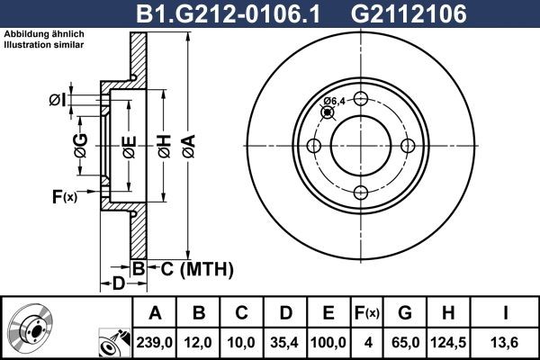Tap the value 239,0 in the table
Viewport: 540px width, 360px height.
(x=155, y=342)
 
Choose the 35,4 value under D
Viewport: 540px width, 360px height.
(x=286, y=342)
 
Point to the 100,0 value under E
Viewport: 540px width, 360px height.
(x=328, y=342)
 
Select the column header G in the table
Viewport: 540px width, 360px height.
(x=404, y=313)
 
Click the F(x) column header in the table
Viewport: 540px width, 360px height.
(x=368, y=313)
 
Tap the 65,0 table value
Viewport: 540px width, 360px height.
(x=404, y=342)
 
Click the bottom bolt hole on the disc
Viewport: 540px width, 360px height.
(x=360, y=192)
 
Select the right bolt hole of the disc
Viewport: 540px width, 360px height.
(x=406, y=146)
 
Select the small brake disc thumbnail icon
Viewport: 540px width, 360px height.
(x=34, y=328)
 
